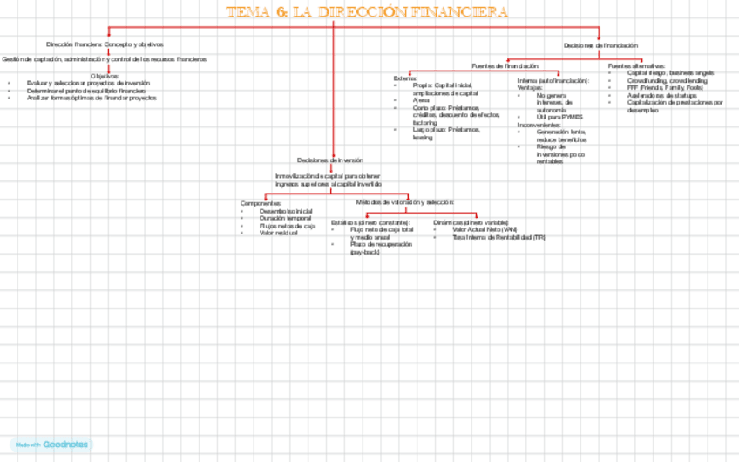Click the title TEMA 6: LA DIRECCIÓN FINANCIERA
pos(367,12)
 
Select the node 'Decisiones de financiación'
pos(600,44)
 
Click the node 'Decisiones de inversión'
pos(329,160)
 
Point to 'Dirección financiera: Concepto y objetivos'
pos(105,44)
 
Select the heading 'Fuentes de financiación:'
pos(505,65)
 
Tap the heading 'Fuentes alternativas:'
pos(636,65)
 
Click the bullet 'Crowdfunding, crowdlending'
pos(668,80)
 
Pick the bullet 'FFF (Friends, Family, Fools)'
pos(665,87)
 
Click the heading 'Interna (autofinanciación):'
pos(553,80)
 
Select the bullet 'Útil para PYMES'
pos(559,117)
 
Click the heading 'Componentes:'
pos(261,203)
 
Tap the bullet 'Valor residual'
pos(279,233)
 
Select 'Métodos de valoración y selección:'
pos(405,202)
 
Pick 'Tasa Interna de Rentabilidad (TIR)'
pos(499,237)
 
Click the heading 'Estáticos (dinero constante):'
pos(370,222)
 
